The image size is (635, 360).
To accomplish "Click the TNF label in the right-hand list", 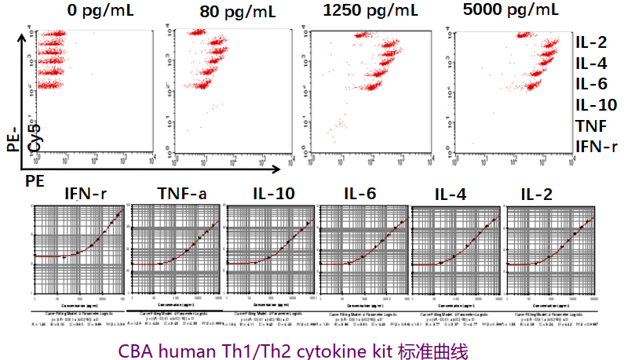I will [590, 125].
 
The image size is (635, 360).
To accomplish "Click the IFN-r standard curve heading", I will [86, 195].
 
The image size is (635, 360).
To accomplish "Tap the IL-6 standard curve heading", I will [362, 195].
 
